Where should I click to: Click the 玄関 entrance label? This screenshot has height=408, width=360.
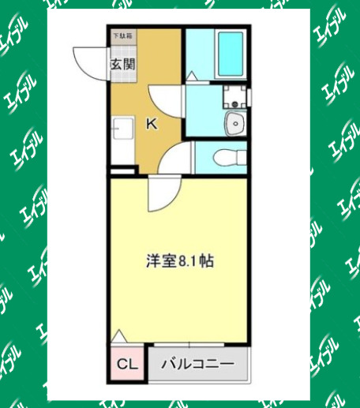coord(122,65)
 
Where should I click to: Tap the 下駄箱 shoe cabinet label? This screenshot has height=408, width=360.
coord(122,36)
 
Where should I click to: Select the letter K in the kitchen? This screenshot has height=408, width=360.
coord(151,123)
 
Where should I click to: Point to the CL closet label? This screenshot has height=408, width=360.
coord(127,365)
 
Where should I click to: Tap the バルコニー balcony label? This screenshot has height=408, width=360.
coord(198,365)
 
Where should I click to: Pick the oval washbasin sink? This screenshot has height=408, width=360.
coord(235,124)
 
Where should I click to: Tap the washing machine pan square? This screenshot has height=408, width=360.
coord(234,98)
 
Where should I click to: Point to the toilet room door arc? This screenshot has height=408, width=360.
coord(174,157)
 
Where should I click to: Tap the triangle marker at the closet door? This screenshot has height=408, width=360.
coord(118,337)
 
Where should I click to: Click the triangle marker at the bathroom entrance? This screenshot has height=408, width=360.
coord(192,76)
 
